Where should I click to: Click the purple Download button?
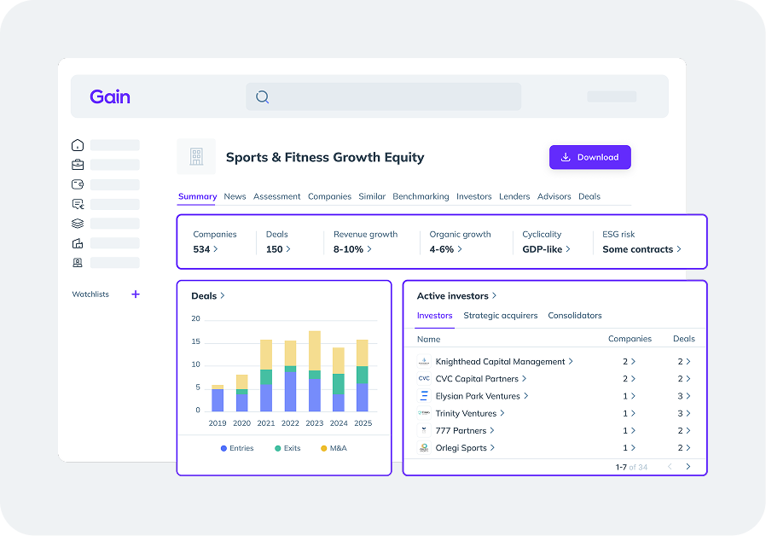(589, 157)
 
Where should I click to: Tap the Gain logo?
(110, 96)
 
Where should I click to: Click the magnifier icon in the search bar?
(263, 96)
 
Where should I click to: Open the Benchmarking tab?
(421, 196)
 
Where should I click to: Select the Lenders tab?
(514, 196)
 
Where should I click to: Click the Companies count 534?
(202, 249)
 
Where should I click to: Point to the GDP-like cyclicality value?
(543, 249)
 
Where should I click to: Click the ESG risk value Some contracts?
(638, 249)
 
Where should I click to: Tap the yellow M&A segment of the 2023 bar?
(315, 350)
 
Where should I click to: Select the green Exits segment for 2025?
(363, 376)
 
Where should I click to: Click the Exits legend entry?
(287, 448)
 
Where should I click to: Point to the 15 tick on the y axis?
(195, 342)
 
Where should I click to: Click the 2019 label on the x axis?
(218, 422)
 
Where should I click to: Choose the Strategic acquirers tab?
(501, 316)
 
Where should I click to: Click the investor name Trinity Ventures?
(466, 413)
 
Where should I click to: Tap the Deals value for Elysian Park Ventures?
(681, 396)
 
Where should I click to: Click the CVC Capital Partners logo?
(424, 379)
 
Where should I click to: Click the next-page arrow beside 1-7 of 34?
(688, 467)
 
